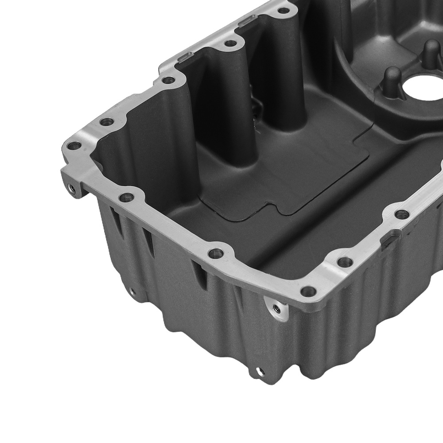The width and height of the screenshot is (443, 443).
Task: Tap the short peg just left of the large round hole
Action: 392,80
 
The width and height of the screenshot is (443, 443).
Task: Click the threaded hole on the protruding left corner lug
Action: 70,189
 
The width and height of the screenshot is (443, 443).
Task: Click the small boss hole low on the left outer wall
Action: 132,292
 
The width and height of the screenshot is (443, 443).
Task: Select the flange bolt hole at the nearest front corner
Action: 308,291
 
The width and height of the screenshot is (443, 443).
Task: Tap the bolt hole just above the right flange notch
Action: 401,214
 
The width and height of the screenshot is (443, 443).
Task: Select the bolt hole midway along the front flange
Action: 216,253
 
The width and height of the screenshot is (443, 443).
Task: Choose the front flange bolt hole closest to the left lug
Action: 127,197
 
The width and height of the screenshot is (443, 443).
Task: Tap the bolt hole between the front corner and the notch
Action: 345,262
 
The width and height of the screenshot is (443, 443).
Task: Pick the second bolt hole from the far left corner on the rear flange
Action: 106,121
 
